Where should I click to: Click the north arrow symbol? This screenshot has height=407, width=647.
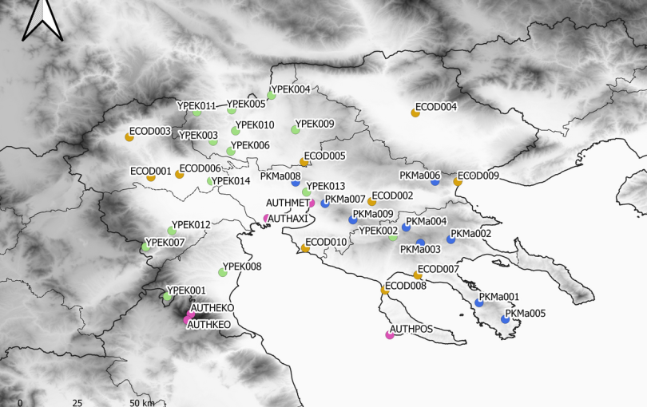coord(42,20)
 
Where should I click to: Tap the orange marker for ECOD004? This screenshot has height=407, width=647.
coord(415,113)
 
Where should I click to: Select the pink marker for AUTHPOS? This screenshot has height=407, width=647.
coord(390,334)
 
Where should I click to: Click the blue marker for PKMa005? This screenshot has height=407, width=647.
coord(505,319)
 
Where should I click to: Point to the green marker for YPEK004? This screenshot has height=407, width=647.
coord(271,96)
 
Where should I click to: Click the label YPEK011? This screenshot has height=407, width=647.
coord(196,105)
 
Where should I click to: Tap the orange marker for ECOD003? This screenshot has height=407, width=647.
coord(129,137)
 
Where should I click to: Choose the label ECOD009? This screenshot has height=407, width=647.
coord(478,176)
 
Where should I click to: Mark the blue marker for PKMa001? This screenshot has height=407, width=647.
coord(479,302)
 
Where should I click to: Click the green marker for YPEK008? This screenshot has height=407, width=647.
coord(223,273)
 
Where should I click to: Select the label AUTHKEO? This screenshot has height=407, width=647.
coord(208,325)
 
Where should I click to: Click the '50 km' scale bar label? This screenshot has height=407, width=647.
coord(142,402)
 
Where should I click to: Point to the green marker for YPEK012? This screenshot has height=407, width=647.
coord(171,231)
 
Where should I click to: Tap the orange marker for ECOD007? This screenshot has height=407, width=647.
coord(418,275)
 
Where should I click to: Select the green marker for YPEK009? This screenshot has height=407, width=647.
coord(295,130)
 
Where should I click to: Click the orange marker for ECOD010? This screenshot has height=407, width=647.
coord(305,249)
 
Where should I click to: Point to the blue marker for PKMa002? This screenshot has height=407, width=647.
coord(451,239)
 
